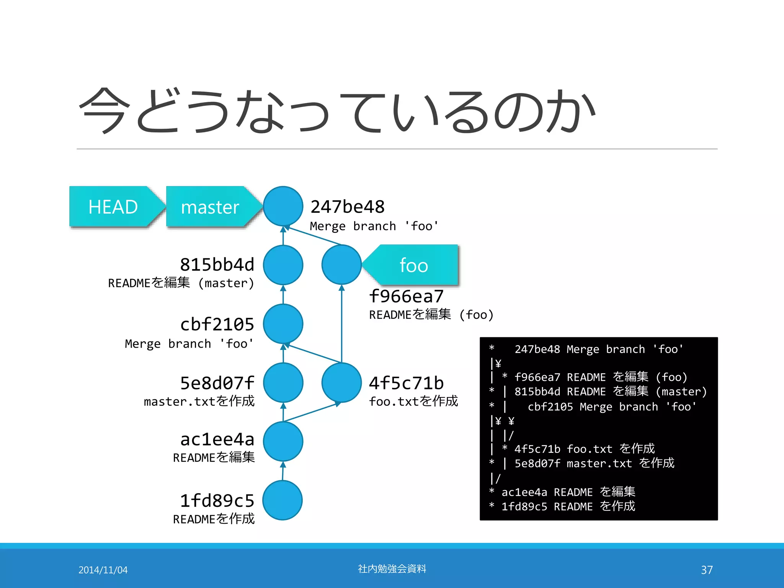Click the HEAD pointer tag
tap(113, 207)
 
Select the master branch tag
tap(210, 207)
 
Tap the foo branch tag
tap(413, 265)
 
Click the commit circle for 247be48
tap(283, 206)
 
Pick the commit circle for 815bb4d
tap(283, 265)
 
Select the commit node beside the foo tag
tap(341, 265)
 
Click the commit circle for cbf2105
tap(283, 324)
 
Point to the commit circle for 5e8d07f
tap(283, 382)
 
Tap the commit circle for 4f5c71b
tap(341, 382)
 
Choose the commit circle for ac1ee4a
tap(283, 441)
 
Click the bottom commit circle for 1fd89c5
tap(283, 500)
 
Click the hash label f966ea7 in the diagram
tap(406, 296)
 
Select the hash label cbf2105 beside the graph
tap(217, 325)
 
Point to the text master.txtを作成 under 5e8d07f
tap(199, 401)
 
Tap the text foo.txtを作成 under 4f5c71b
tap(413, 401)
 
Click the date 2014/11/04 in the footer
tap(103, 570)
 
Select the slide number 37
tap(707, 570)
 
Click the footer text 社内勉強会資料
tap(392, 569)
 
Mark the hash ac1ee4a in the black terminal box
tap(524, 492)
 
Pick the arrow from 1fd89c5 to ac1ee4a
tap(283, 471)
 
